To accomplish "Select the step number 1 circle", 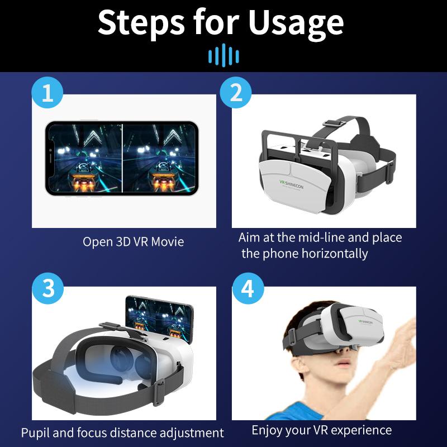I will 47,93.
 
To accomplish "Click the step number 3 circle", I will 47,288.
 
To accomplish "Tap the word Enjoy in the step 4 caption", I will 267,430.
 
